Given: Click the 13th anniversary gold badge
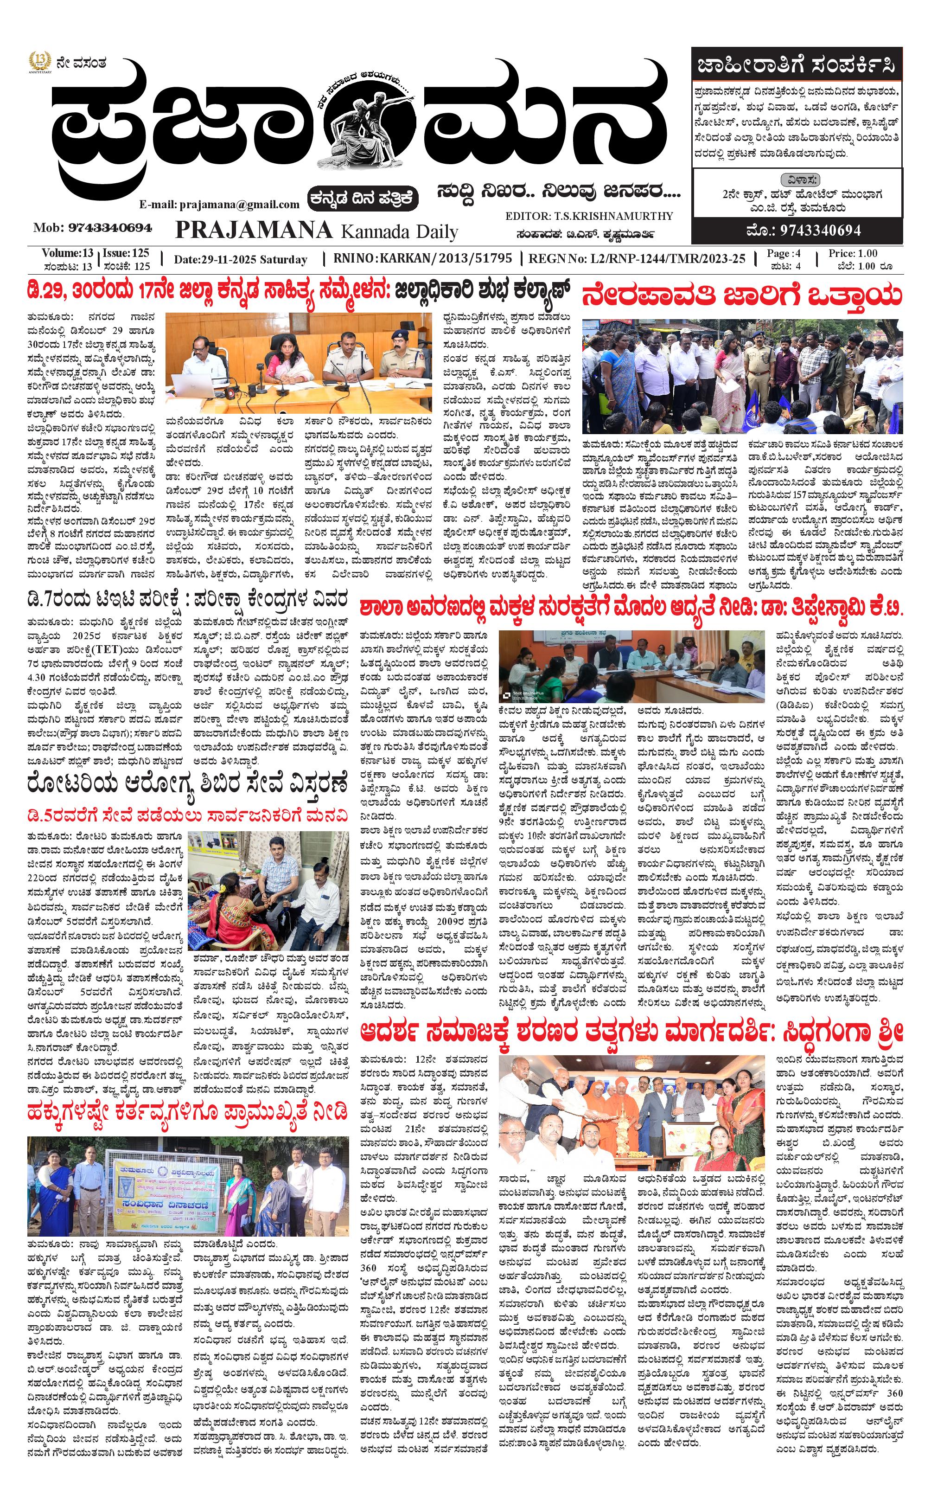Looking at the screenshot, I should pos(40,63).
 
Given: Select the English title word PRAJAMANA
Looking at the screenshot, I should pos(254,230).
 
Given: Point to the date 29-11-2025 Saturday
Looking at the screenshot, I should pos(240,259).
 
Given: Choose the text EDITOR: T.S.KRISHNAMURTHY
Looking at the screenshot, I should pos(589,216).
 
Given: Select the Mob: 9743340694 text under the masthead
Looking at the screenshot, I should pos(93,228).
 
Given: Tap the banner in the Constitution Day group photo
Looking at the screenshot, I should pos(162,1181).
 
